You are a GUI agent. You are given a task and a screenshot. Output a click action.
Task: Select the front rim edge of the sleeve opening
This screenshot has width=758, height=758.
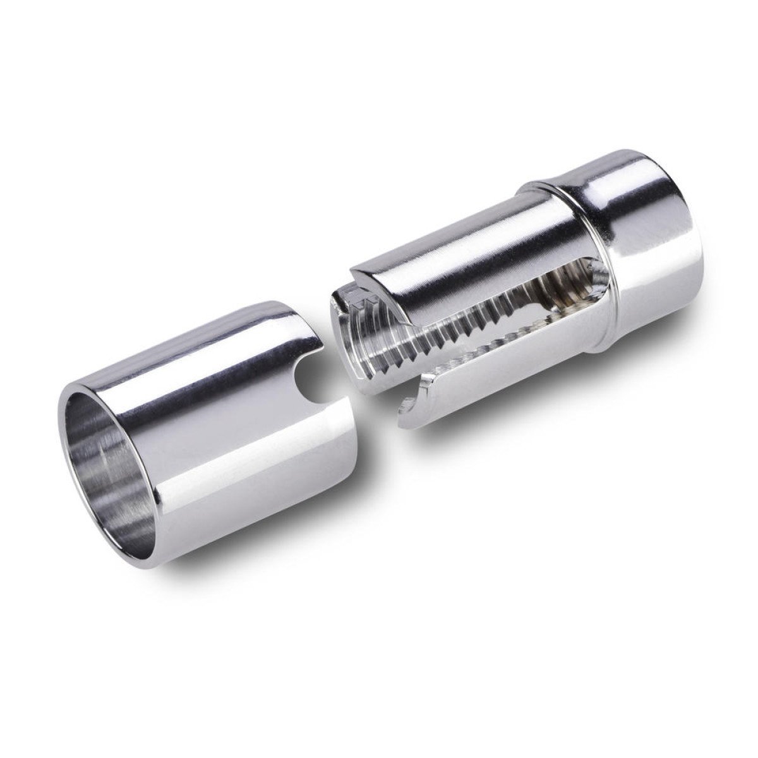73,404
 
